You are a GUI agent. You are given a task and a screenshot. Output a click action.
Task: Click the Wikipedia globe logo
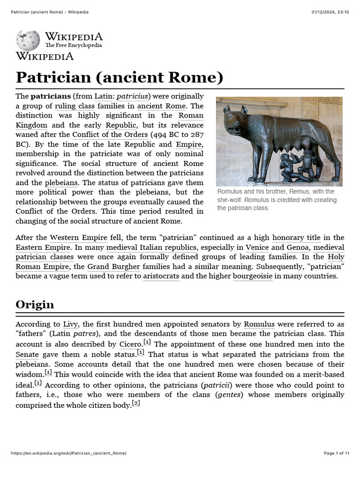tap(28, 41)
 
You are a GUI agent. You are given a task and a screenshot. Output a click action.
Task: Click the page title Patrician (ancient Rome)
tap(119, 77)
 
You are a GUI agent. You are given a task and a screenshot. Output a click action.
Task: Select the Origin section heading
tap(35, 304)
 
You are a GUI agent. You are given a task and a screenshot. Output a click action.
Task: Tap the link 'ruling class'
tap(75, 106)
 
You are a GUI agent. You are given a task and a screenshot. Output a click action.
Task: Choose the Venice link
tap(257, 247)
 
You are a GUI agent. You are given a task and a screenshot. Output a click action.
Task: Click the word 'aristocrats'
tap(161, 276)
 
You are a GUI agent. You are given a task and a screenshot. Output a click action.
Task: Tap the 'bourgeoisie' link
tap(253, 276)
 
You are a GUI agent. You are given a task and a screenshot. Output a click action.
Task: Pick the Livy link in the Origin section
tap(70, 324)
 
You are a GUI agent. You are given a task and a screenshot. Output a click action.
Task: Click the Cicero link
tap(130, 345)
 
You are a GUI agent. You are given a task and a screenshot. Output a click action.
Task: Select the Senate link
tap(27, 355)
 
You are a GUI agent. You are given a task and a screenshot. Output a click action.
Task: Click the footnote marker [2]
tap(136, 403)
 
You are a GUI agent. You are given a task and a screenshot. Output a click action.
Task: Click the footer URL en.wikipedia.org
tap(68, 453)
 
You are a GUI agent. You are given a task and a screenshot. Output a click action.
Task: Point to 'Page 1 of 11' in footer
tap(337, 453)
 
